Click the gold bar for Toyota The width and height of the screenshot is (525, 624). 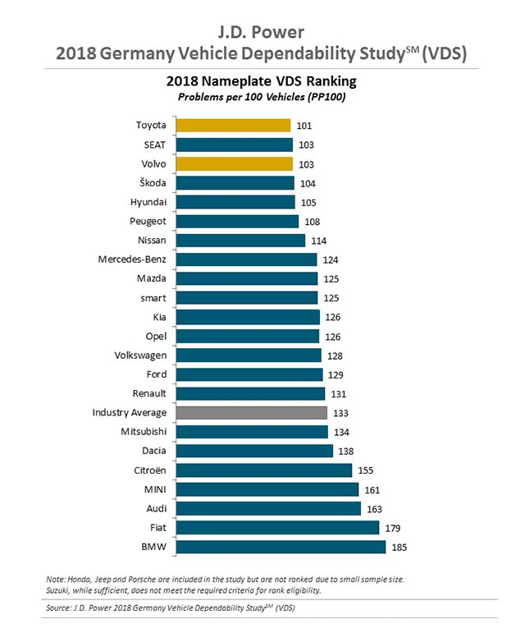click(234, 126)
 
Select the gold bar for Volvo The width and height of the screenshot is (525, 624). click(235, 163)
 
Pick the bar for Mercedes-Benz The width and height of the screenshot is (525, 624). click(247, 259)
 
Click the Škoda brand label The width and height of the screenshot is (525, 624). click(151, 183)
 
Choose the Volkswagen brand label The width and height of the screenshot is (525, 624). click(141, 356)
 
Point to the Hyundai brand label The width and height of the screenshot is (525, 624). click(148, 202)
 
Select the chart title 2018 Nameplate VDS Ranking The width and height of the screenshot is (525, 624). click(262, 82)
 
